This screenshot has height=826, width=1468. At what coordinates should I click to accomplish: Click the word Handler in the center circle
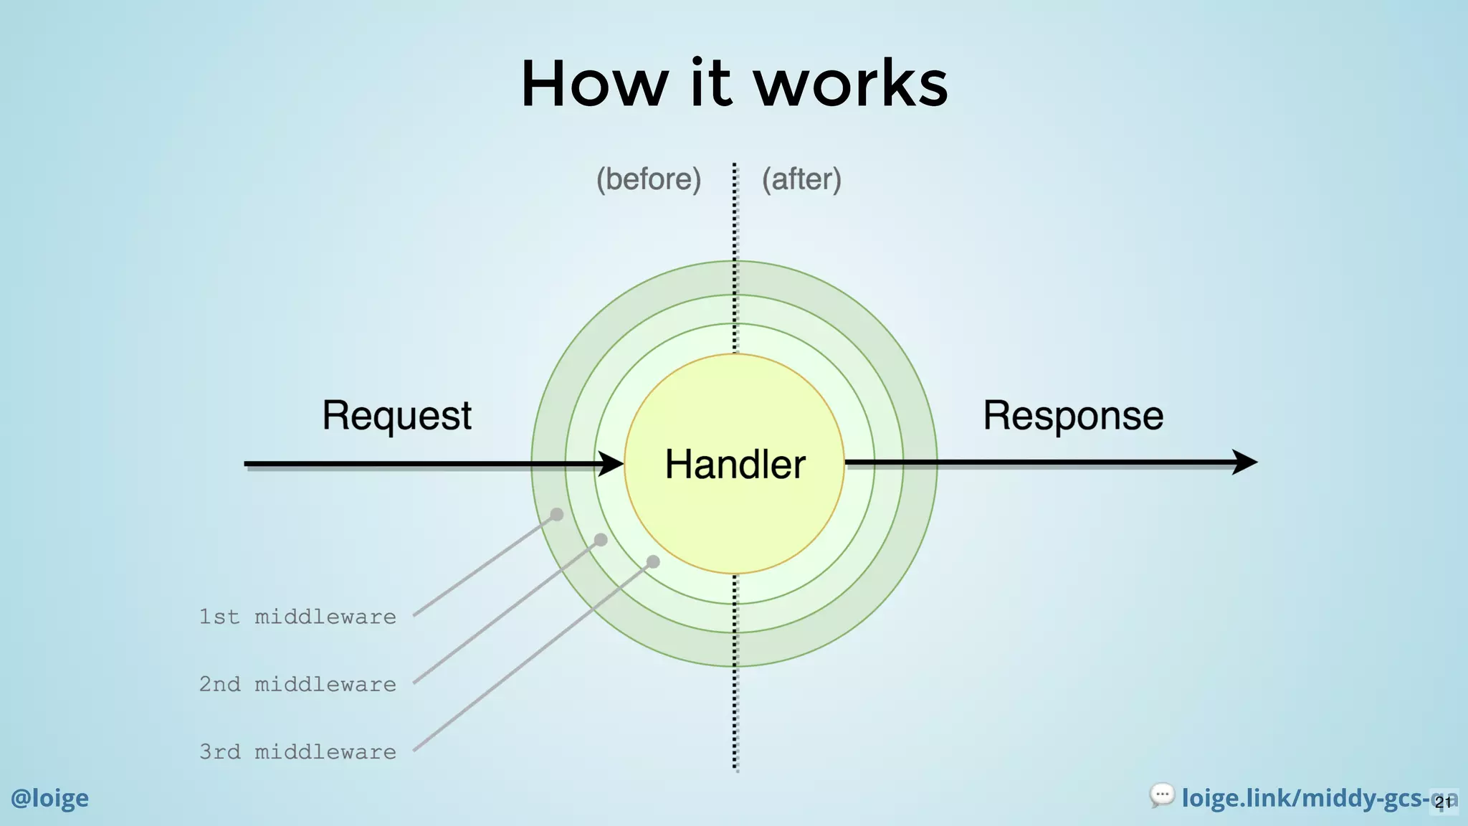pyautogui.click(x=735, y=465)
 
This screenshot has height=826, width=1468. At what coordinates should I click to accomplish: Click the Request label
pyautogui.click(x=396, y=416)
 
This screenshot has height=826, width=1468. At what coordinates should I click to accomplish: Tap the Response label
pyautogui.click(x=1072, y=416)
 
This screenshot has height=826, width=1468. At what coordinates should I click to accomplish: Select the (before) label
pyautogui.click(x=649, y=179)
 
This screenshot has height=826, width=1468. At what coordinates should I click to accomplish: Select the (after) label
pyautogui.click(x=801, y=179)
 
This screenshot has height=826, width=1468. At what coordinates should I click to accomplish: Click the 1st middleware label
pyautogui.click(x=297, y=617)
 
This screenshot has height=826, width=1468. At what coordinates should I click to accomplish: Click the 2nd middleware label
pyautogui.click(x=297, y=684)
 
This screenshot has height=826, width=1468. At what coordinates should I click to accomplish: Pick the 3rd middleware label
pyautogui.click(x=297, y=751)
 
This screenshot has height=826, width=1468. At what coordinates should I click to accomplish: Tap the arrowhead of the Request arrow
pyautogui.click(x=611, y=464)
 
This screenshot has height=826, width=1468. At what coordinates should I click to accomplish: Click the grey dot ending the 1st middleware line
pyautogui.click(x=557, y=514)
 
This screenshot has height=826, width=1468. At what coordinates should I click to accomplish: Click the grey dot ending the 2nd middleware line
pyautogui.click(x=601, y=540)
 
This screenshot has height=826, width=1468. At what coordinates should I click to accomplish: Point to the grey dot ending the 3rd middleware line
pyautogui.click(x=653, y=561)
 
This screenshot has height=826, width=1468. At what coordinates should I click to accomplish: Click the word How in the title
pyautogui.click(x=594, y=85)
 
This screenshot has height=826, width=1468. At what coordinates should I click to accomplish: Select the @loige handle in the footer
pyautogui.click(x=49, y=798)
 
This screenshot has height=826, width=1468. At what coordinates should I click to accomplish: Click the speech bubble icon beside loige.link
pyautogui.click(x=1161, y=795)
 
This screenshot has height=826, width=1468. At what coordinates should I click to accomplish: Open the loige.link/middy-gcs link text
pyautogui.click(x=1301, y=798)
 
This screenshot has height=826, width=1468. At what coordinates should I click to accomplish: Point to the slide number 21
pyautogui.click(x=1444, y=802)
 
